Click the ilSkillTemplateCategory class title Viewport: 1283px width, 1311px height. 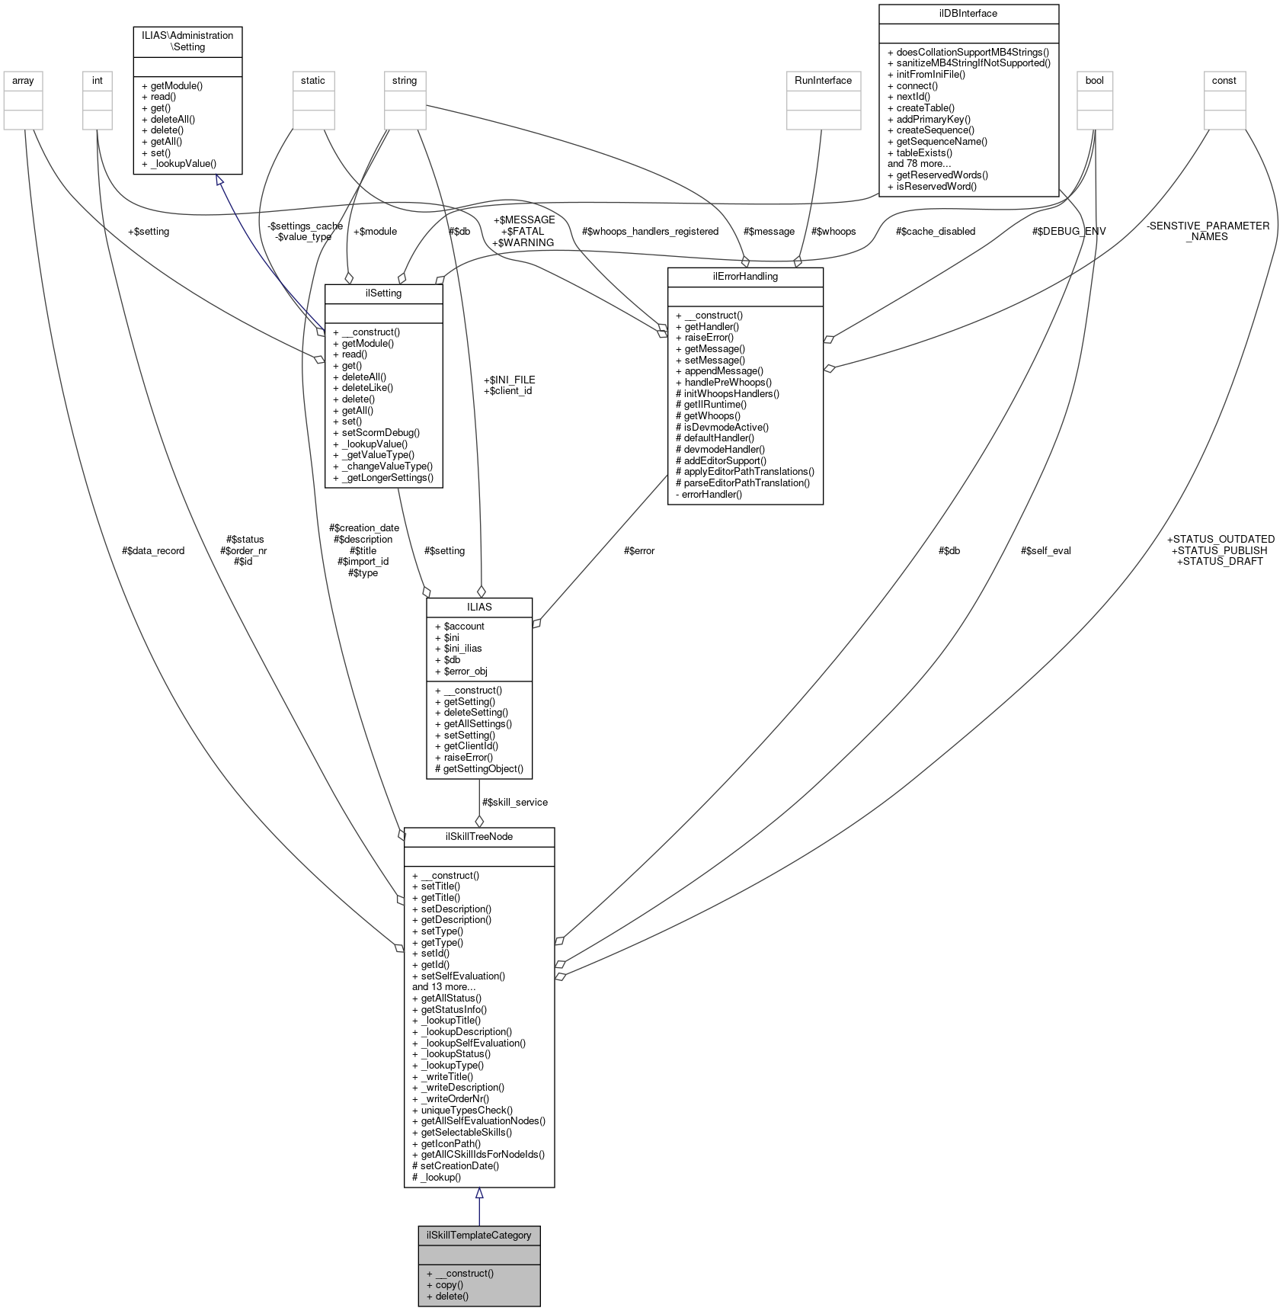coord(478,1235)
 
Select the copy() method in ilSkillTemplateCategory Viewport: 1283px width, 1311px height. coord(450,1284)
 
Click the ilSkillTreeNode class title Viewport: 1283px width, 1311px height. coord(478,836)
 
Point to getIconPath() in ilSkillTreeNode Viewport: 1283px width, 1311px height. coord(450,1143)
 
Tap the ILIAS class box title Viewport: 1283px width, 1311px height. coord(479,607)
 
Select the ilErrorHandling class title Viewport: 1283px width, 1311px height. coord(745,277)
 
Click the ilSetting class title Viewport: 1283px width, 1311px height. coord(383,293)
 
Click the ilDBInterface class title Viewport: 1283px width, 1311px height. coord(968,13)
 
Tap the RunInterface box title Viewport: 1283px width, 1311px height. coord(823,80)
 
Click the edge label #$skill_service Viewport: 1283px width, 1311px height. coord(515,802)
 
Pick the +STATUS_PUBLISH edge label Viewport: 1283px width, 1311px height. coord(1220,550)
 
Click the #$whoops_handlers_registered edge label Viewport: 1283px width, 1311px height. coord(650,231)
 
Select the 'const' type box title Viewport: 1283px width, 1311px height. coord(1224,80)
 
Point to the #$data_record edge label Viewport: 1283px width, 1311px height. coord(153,550)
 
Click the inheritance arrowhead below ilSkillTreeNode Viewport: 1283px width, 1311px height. coord(479,1193)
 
